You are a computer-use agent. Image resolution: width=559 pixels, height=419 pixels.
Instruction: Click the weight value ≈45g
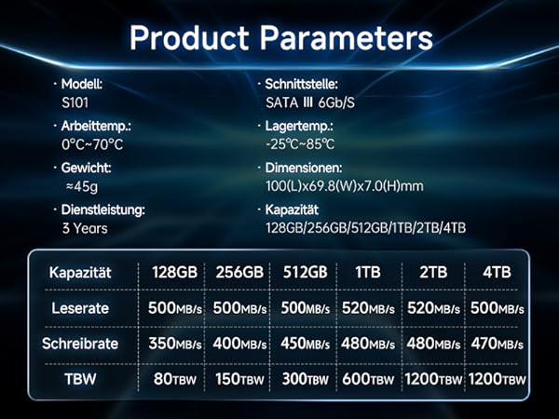81,185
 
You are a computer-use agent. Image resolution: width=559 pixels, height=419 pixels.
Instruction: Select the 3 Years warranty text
85,227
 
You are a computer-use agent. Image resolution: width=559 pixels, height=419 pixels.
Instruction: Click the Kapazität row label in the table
80,273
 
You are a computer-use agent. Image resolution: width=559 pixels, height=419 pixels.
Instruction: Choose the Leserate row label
80,307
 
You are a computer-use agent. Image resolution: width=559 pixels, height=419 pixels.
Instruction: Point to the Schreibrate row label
80,343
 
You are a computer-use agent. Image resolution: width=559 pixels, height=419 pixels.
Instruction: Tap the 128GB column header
174,273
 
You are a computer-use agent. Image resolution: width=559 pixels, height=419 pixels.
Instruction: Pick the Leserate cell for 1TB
368,308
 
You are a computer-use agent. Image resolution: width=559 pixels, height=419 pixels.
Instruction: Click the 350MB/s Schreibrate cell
174,344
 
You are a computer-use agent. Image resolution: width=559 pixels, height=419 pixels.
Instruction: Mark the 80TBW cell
174,379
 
